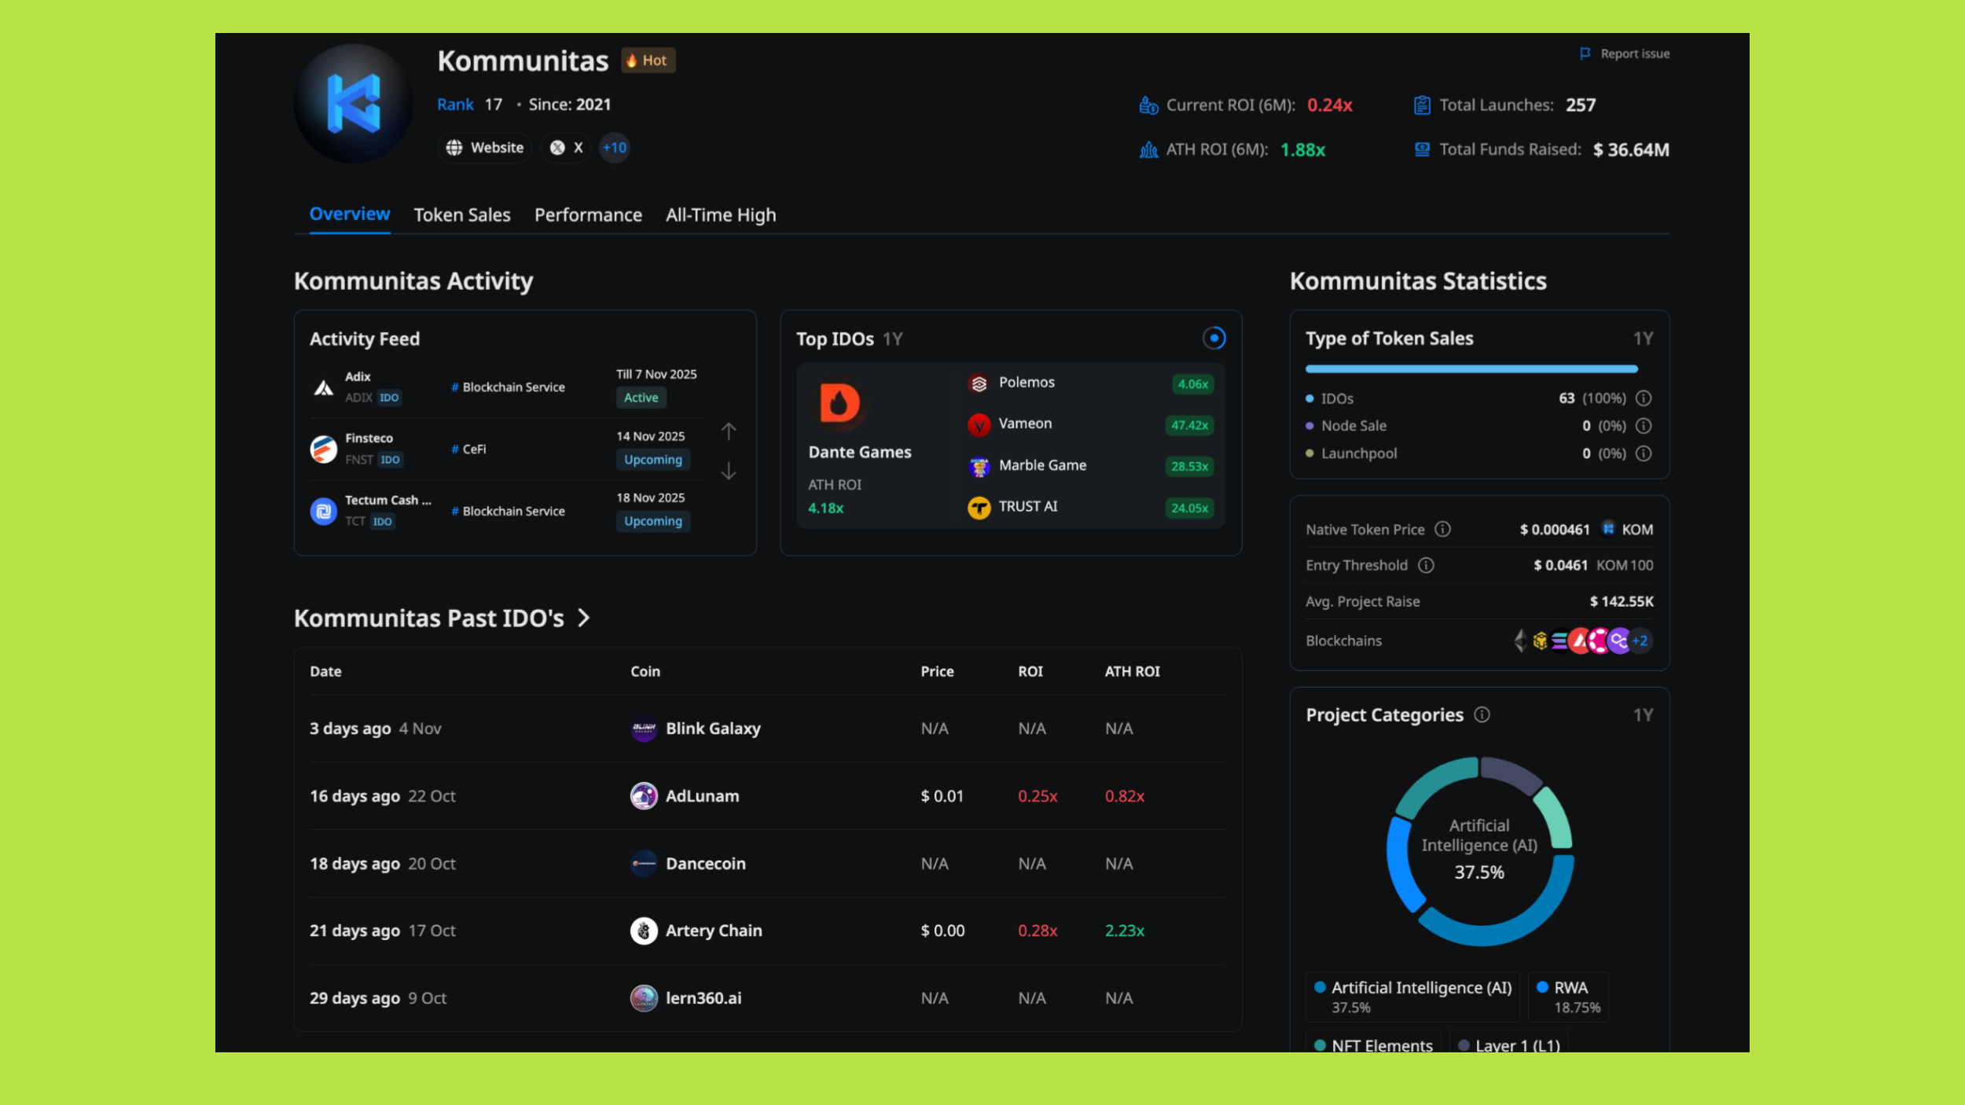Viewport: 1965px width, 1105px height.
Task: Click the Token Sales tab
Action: [462, 215]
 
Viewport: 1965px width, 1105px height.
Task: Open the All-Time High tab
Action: [721, 215]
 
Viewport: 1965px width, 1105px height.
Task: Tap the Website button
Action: [485, 148]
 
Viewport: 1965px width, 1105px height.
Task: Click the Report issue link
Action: [1625, 54]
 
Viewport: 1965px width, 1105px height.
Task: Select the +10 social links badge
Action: [615, 148]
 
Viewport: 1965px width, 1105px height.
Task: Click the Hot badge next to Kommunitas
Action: [648, 61]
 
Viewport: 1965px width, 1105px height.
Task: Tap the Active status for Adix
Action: [641, 398]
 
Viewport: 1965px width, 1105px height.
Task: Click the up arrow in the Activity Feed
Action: [729, 431]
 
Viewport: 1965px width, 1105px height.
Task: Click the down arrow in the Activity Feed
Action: [729, 471]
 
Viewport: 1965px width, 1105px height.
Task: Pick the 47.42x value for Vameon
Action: [1189, 425]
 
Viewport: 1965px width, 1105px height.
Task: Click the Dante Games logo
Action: [839, 403]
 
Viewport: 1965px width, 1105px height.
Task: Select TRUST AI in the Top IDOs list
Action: [1028, 507]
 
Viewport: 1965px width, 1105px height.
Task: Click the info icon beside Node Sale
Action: [1644, 426]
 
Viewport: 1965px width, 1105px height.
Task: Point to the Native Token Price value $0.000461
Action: [1554, 530]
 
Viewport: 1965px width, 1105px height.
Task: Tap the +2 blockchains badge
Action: [1640, 641]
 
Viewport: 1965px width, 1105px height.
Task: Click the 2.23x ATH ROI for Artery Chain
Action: [1125, 931]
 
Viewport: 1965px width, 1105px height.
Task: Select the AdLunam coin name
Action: [702, 796]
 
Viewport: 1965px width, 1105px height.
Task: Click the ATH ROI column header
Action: [1132, 672]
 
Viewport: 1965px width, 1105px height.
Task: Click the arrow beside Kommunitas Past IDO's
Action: [584, 619]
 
